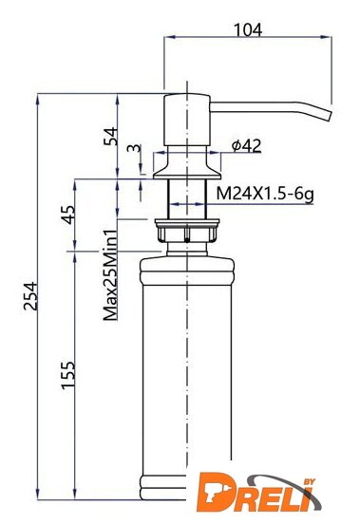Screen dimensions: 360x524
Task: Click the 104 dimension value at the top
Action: pyautogui.click(x=248, y=29)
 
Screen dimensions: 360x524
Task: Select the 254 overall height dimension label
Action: pyautogui.click(x=30, y=296)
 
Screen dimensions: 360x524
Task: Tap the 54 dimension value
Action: pyautogui.click(x=111, y=136)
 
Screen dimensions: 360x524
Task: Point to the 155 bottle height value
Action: pyautogui.click(x=68, y=375)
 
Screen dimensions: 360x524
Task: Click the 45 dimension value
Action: pyautogui.click(x=68, y=215)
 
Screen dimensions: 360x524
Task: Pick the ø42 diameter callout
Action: pyautogui.click(x=246, y=145)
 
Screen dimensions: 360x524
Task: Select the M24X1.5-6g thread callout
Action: pyautogui.click(x=265, y=194)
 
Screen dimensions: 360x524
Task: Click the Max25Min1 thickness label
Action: pyautogui.click(x=111, y=275)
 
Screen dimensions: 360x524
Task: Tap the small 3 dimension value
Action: pyautogui.click(x=135, y=148)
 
